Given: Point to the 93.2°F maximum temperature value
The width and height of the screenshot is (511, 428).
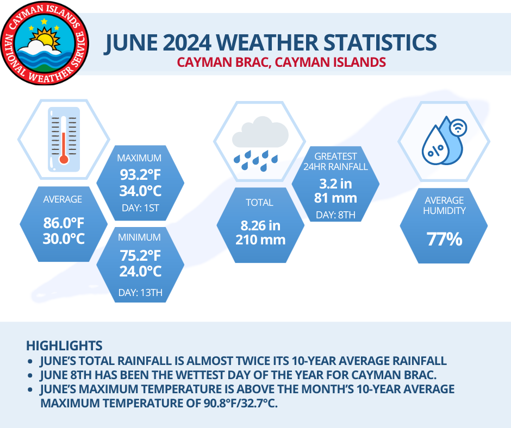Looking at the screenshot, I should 140,175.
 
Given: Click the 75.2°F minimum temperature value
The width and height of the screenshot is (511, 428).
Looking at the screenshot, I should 140,254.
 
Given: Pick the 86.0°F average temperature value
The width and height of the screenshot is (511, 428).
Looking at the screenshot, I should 63,223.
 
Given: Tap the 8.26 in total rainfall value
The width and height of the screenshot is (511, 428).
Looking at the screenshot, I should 260,225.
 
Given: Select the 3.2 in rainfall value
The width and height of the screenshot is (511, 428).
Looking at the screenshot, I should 335,184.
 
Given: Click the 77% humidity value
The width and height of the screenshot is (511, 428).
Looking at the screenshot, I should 444,239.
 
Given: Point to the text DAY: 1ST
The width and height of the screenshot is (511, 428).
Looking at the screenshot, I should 140,209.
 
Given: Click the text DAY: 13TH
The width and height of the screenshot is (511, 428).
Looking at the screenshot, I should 140,294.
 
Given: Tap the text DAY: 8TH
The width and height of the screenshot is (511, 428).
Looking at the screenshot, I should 335,215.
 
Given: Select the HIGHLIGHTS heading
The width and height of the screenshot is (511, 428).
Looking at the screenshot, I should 64,345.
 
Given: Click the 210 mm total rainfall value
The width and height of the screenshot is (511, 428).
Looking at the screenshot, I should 260,240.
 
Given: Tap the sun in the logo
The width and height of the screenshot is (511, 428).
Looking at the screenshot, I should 42,39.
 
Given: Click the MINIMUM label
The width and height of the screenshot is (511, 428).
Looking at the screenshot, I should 140,237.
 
